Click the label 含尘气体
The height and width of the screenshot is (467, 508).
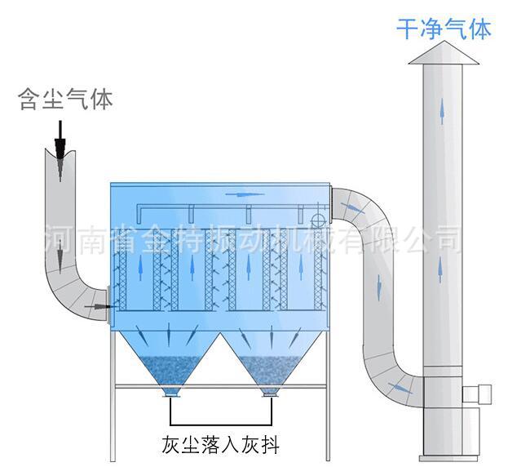(65, 100)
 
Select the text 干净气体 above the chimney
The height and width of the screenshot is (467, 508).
(444, 30)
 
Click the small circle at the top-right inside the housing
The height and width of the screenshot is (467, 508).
(318, 219)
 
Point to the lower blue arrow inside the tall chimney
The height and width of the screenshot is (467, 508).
(440, 269)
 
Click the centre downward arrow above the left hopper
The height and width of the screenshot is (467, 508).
(169, 336)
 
